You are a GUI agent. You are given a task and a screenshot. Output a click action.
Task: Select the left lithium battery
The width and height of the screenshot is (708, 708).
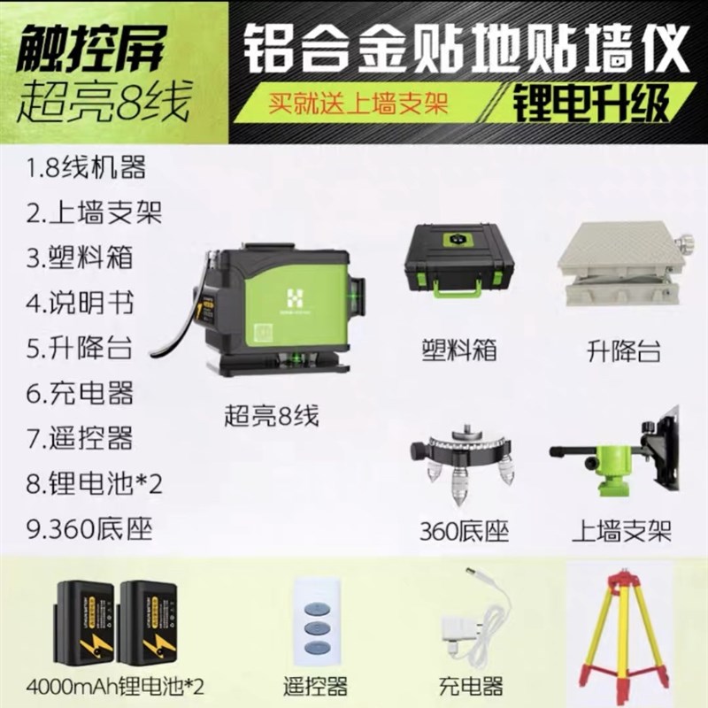pos(87,621)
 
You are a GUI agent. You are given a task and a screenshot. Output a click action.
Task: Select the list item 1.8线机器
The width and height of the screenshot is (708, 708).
pos(87,166)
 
